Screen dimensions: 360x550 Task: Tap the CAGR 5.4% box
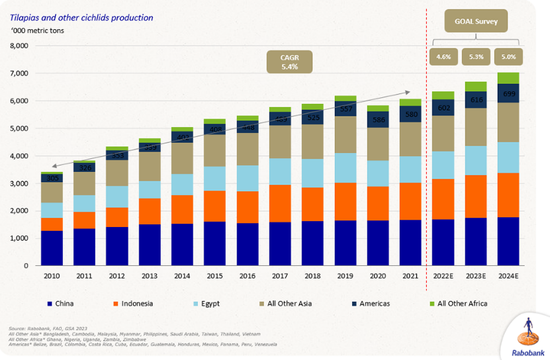tap(289, 62)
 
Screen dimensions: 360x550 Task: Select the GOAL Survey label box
tap(476, 21)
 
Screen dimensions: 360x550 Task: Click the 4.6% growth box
tap(443, 57)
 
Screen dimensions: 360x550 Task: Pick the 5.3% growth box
tap(476, 57)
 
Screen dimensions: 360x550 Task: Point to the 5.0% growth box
tap(508, 57)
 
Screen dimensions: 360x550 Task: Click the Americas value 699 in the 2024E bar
tap(508, 94)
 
